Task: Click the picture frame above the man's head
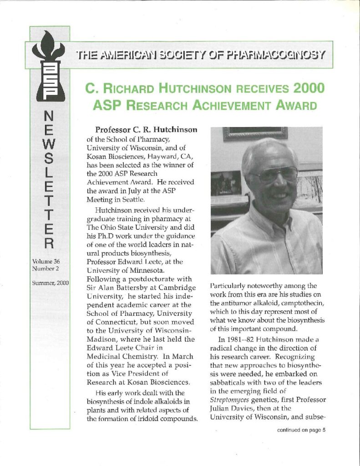[255, 133]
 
